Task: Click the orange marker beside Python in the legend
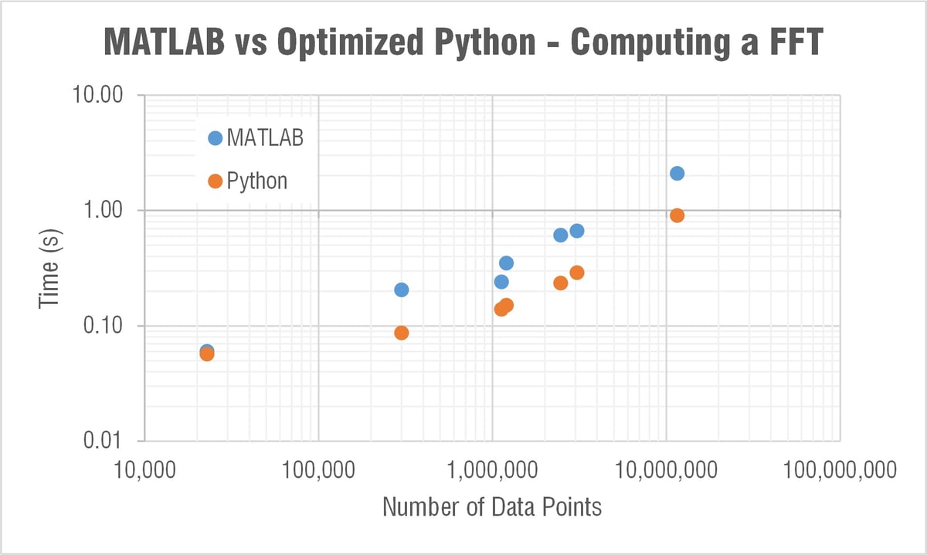pos(215,181)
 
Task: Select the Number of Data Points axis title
pos(492,507)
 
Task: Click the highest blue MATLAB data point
pos(677,174)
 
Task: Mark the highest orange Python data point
pos(677,215)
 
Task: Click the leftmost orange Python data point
pos(207,354)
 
